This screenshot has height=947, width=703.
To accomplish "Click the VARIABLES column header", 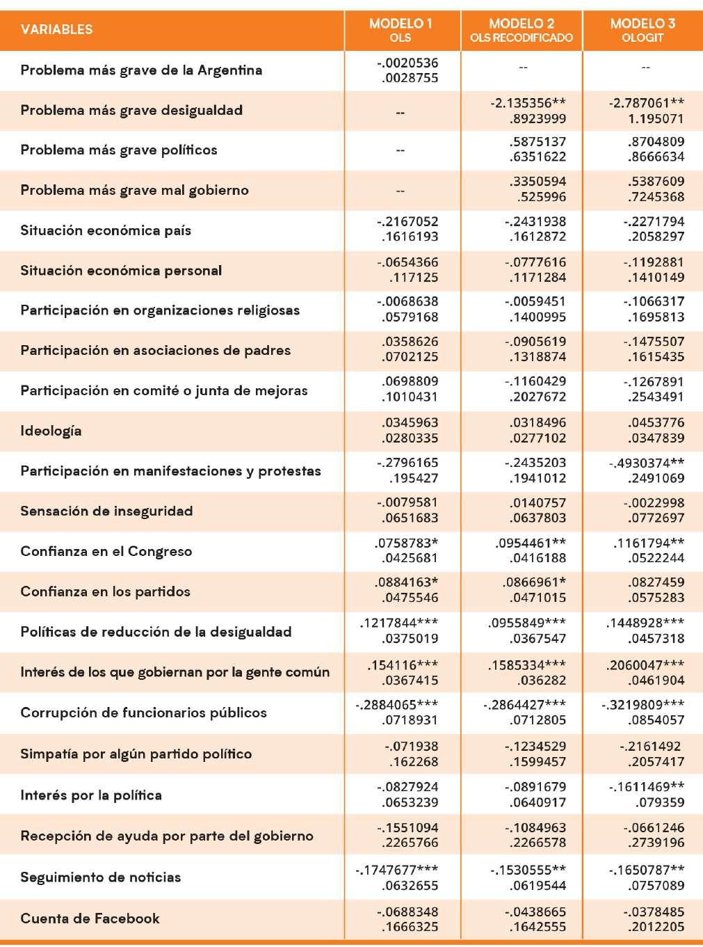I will pos(56,29).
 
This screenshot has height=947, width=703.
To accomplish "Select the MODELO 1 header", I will pos(401,24).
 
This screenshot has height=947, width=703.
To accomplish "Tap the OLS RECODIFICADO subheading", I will pos(522,38).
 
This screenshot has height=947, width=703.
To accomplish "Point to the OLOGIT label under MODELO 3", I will pos(643,38).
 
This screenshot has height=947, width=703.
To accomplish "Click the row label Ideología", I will pos(51,431).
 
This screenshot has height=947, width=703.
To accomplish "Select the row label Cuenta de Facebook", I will pos(90,918).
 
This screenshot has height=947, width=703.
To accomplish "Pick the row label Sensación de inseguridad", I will pos(106,511).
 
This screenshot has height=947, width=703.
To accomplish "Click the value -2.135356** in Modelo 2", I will pos(528,103).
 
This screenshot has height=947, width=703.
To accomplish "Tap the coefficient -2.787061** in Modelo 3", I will pos(647,103).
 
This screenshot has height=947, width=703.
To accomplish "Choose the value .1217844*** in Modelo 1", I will pos(399,623).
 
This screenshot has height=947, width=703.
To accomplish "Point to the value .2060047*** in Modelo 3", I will pos(645,664).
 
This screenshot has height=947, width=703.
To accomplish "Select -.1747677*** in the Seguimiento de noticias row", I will pos(397,869).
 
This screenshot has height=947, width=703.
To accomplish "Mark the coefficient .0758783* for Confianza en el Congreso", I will pos(406,543).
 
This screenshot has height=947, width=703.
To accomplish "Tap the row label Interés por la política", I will pos(91,795).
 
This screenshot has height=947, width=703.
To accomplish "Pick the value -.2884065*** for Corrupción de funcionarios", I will pos(397,704).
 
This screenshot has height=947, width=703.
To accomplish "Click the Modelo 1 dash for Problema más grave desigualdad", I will pos(401,111).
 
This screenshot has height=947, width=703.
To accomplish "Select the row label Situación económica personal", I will pos(121,270).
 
